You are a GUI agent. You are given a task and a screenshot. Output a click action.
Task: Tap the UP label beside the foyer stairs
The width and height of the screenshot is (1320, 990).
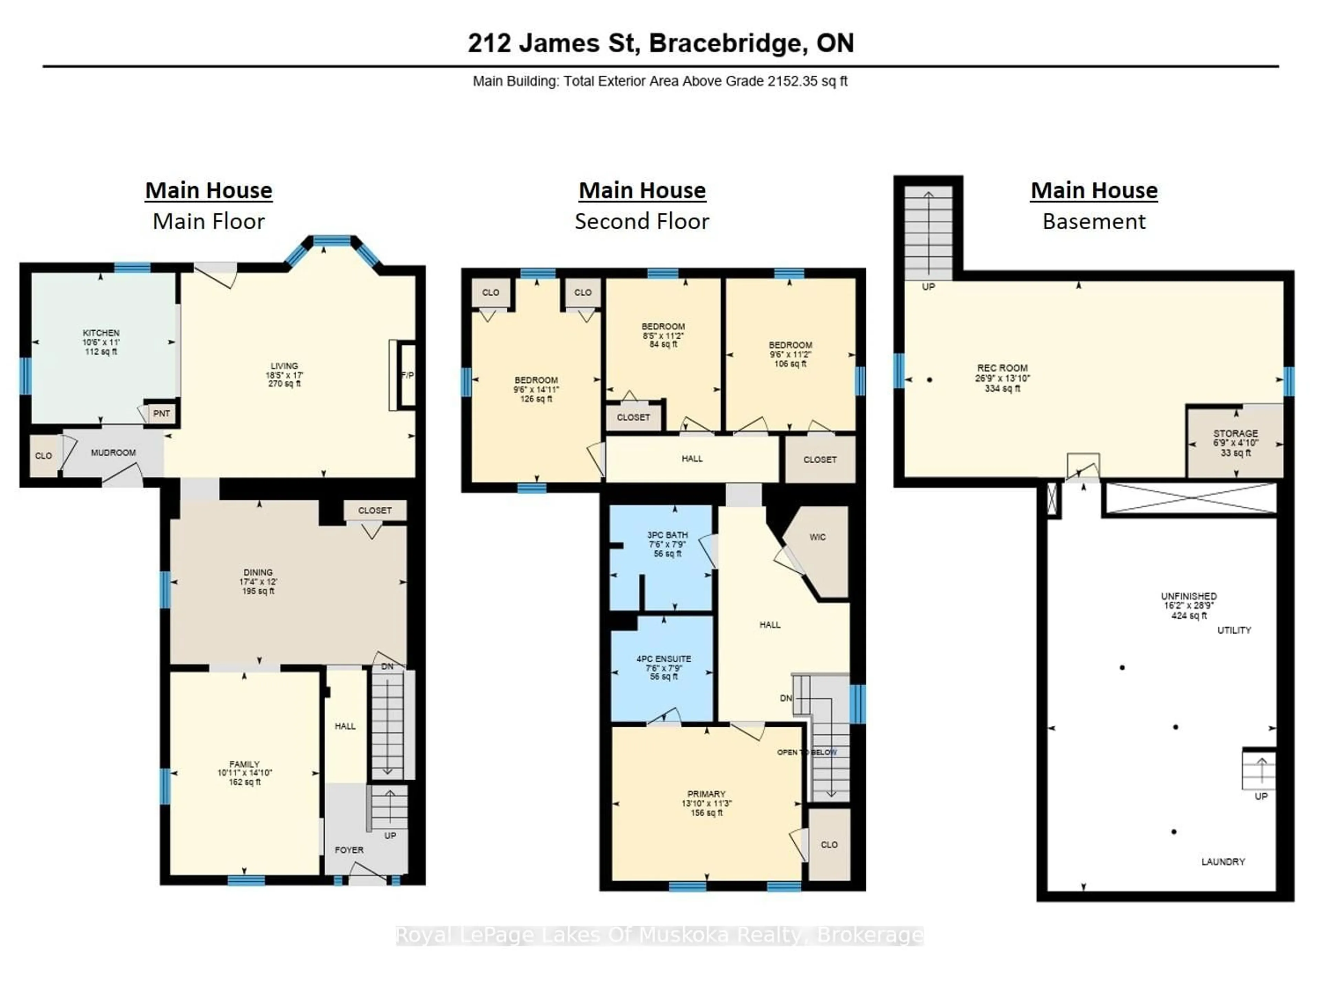pos(390,835)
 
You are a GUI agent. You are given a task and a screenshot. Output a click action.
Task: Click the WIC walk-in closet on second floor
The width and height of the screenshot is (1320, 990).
pos(817,537)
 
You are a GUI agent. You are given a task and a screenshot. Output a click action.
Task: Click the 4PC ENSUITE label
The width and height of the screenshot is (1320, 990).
pos(663,659)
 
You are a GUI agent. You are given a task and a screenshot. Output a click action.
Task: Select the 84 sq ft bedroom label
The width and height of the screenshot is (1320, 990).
pos(663,345)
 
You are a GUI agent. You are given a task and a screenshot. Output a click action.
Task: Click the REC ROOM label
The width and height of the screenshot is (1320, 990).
pos(1002,368)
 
